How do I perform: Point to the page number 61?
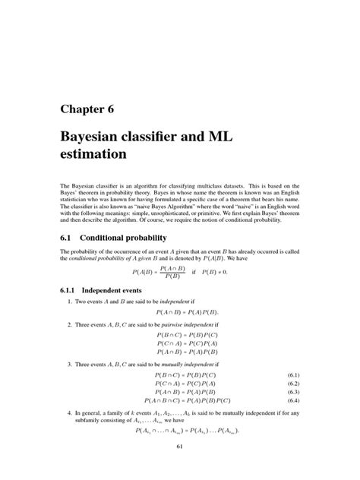[x=180, y=447]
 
